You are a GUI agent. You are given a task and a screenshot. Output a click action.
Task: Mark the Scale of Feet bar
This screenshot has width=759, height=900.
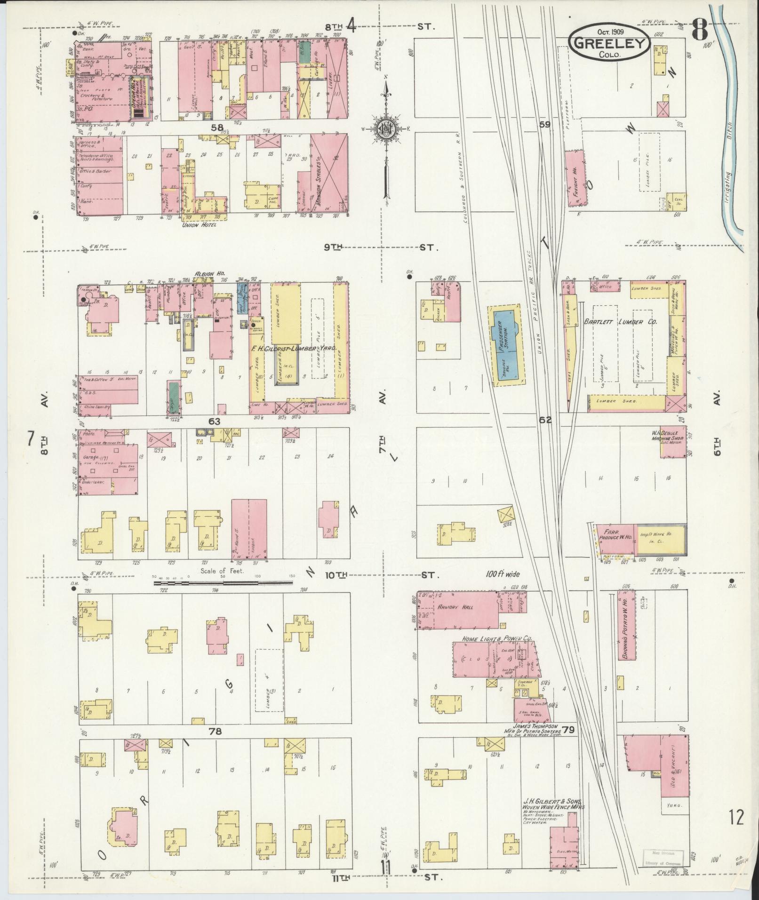pos(223,583)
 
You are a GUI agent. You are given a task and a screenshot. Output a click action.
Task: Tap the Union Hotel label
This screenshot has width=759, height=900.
pos(201,225)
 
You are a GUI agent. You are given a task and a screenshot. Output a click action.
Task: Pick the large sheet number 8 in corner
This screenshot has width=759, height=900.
pos(700,32)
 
